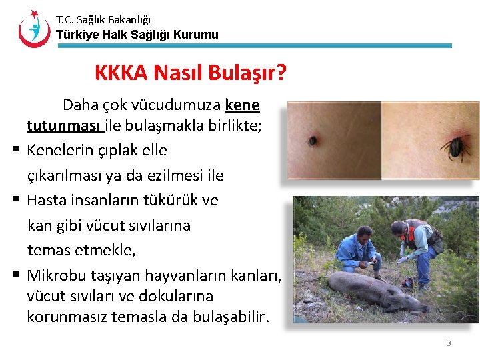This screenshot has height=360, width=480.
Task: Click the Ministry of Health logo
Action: pyautogui.click(x=34, y=28)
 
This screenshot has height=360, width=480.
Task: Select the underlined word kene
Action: pyautogui.click(x=243, y=105)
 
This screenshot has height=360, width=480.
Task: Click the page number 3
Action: pyautogui.click(x=449, y=343)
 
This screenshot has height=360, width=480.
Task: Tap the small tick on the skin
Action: pyautogui.click(x=312, y=141)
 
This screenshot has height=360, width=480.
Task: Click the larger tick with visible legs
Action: pyautogui.click(x=455, y=147)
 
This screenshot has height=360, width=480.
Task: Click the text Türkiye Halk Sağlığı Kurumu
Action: pyautogui.click(x=137, y=35)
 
